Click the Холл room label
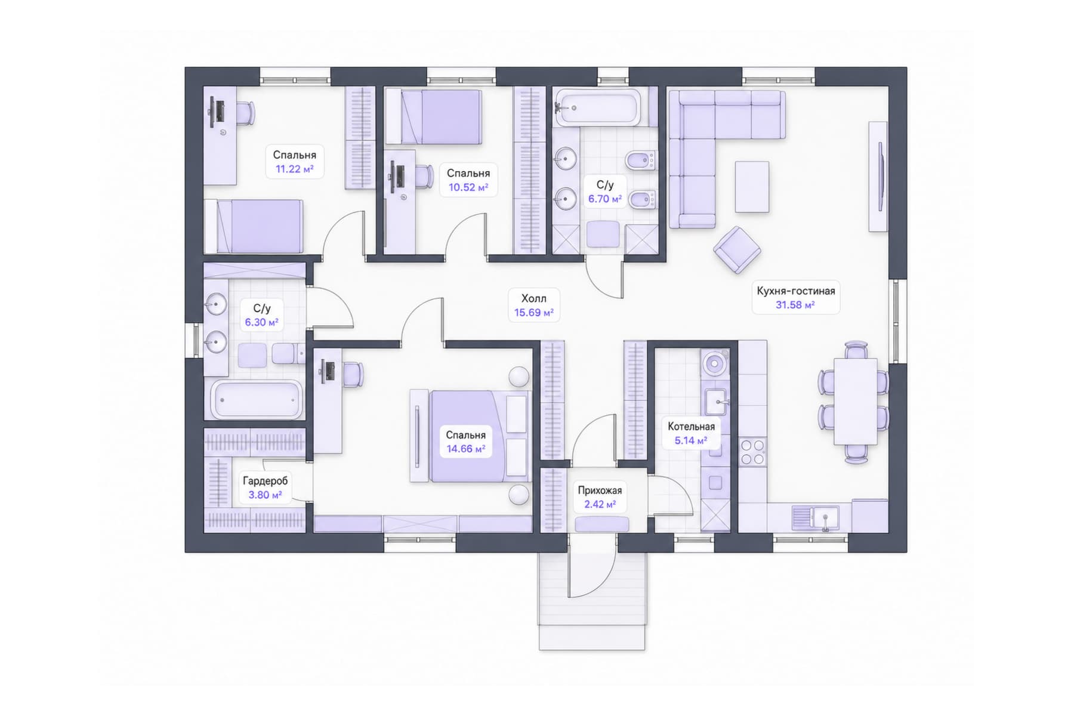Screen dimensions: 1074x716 [533, 298]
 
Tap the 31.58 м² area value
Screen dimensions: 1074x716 [795, 305]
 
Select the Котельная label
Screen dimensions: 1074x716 [691, 427]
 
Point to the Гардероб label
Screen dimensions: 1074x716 [265, 481]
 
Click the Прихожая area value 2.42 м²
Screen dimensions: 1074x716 [600, 505]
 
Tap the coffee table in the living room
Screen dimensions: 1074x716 [752, 186]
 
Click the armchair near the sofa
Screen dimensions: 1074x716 [737, 250]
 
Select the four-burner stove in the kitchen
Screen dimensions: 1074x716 [752, 452]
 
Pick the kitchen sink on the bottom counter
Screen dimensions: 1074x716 [816, 517]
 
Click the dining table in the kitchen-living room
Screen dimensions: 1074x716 [855, 401]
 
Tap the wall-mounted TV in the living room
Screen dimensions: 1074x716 [880, 176]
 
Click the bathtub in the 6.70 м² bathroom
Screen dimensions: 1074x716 [597, 107]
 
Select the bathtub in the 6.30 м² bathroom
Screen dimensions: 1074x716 [257, 399]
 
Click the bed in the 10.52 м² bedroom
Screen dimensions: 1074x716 [434, 117]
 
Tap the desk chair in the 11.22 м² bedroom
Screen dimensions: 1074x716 [245, 113]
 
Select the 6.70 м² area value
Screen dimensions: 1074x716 [604, 199]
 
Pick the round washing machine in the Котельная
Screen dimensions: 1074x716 [714, 362]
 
